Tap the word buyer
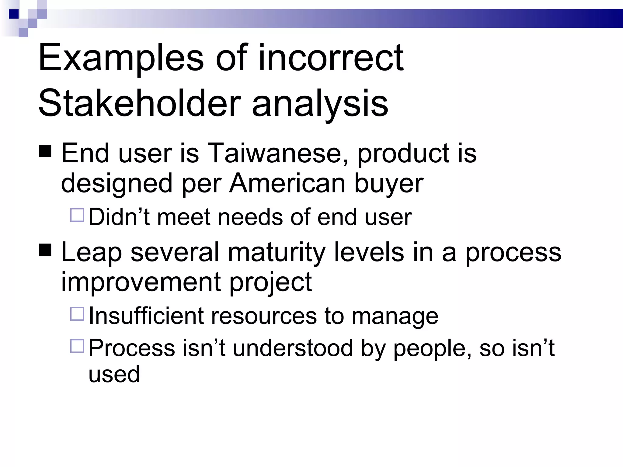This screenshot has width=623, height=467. (x=389, y=184)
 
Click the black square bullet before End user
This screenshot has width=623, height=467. (x=45, y=151)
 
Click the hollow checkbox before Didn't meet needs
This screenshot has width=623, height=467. (x=77, y=215)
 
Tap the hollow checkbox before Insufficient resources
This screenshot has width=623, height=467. (x=77, y=314)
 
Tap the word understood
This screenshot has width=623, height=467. (x=293, y=348)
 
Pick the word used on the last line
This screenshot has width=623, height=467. (x=114, y=374)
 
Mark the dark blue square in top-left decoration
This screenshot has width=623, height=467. (x=14, y=14)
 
